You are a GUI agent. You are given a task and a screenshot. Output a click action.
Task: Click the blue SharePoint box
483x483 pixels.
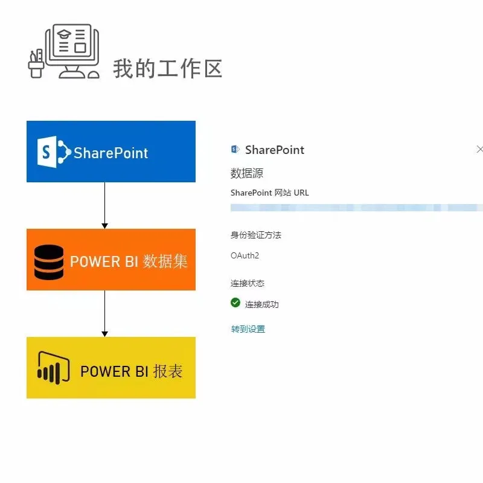pos(111,152)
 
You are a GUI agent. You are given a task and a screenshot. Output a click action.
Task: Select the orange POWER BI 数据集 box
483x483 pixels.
pos(111,260)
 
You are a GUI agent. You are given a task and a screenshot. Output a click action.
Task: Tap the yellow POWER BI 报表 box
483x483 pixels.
pos(111,368)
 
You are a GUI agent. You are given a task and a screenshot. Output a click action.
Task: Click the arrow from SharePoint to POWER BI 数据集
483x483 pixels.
pos(105,205)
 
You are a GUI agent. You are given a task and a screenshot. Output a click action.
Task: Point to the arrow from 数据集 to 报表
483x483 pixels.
pos(105,313)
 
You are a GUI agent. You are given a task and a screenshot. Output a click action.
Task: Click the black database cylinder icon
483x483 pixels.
pos(49,261)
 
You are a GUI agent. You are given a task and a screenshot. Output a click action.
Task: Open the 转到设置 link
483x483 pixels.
pos(248,329)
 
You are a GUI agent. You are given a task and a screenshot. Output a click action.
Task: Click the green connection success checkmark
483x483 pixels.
pos(235,302)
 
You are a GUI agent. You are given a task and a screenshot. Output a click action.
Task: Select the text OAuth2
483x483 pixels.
pos(245,255)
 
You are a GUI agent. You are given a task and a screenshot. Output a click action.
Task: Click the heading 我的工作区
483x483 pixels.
pos(168,68)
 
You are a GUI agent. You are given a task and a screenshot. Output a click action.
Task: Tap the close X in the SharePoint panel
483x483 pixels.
pos(479,149)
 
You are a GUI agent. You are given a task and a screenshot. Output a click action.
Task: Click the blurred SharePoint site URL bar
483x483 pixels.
pos(356,207)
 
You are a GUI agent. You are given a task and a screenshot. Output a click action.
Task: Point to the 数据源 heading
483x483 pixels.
pos(247,173)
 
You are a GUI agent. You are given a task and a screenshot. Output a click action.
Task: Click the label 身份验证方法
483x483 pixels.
pos(256,235)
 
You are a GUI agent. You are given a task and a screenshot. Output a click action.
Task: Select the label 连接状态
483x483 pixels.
pos(248,283)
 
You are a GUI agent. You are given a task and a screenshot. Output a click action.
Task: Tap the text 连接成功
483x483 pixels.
pos(262,304)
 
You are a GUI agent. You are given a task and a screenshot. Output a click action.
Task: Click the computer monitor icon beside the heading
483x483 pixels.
pos(71,51)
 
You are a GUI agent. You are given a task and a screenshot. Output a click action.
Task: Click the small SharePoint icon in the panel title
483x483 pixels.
pos(235,149)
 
